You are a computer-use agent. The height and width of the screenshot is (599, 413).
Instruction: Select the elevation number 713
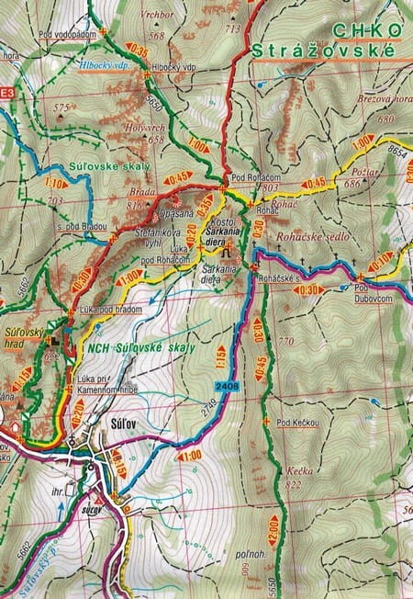pyautogui.click(x=232, y=28)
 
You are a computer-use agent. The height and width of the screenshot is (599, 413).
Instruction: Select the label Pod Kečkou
pyautogui.click(x=297, y=422)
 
